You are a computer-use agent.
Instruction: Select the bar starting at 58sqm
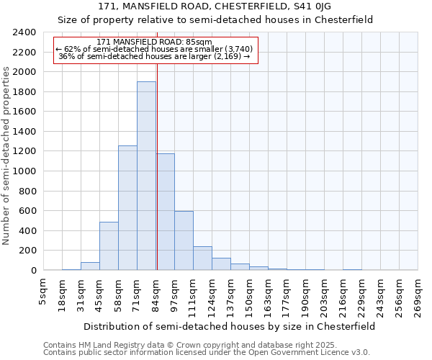[x=127, y=208]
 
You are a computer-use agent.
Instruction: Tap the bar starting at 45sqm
[x=109, y=246]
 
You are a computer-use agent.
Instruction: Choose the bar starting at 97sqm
[x=184, y=240]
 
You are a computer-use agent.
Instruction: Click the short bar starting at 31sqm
[x=90, y=266]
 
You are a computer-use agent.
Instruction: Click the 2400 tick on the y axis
[x=24, y=32]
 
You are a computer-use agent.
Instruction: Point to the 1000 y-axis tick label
[x=24, y=171]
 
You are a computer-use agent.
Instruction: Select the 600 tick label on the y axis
[x=27, y=211]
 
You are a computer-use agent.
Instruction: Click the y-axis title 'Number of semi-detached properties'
[x=7, y=156]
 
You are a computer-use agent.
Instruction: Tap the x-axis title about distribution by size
[x=230, y=326]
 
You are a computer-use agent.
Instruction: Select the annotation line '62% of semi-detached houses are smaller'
[x=155, y=49]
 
